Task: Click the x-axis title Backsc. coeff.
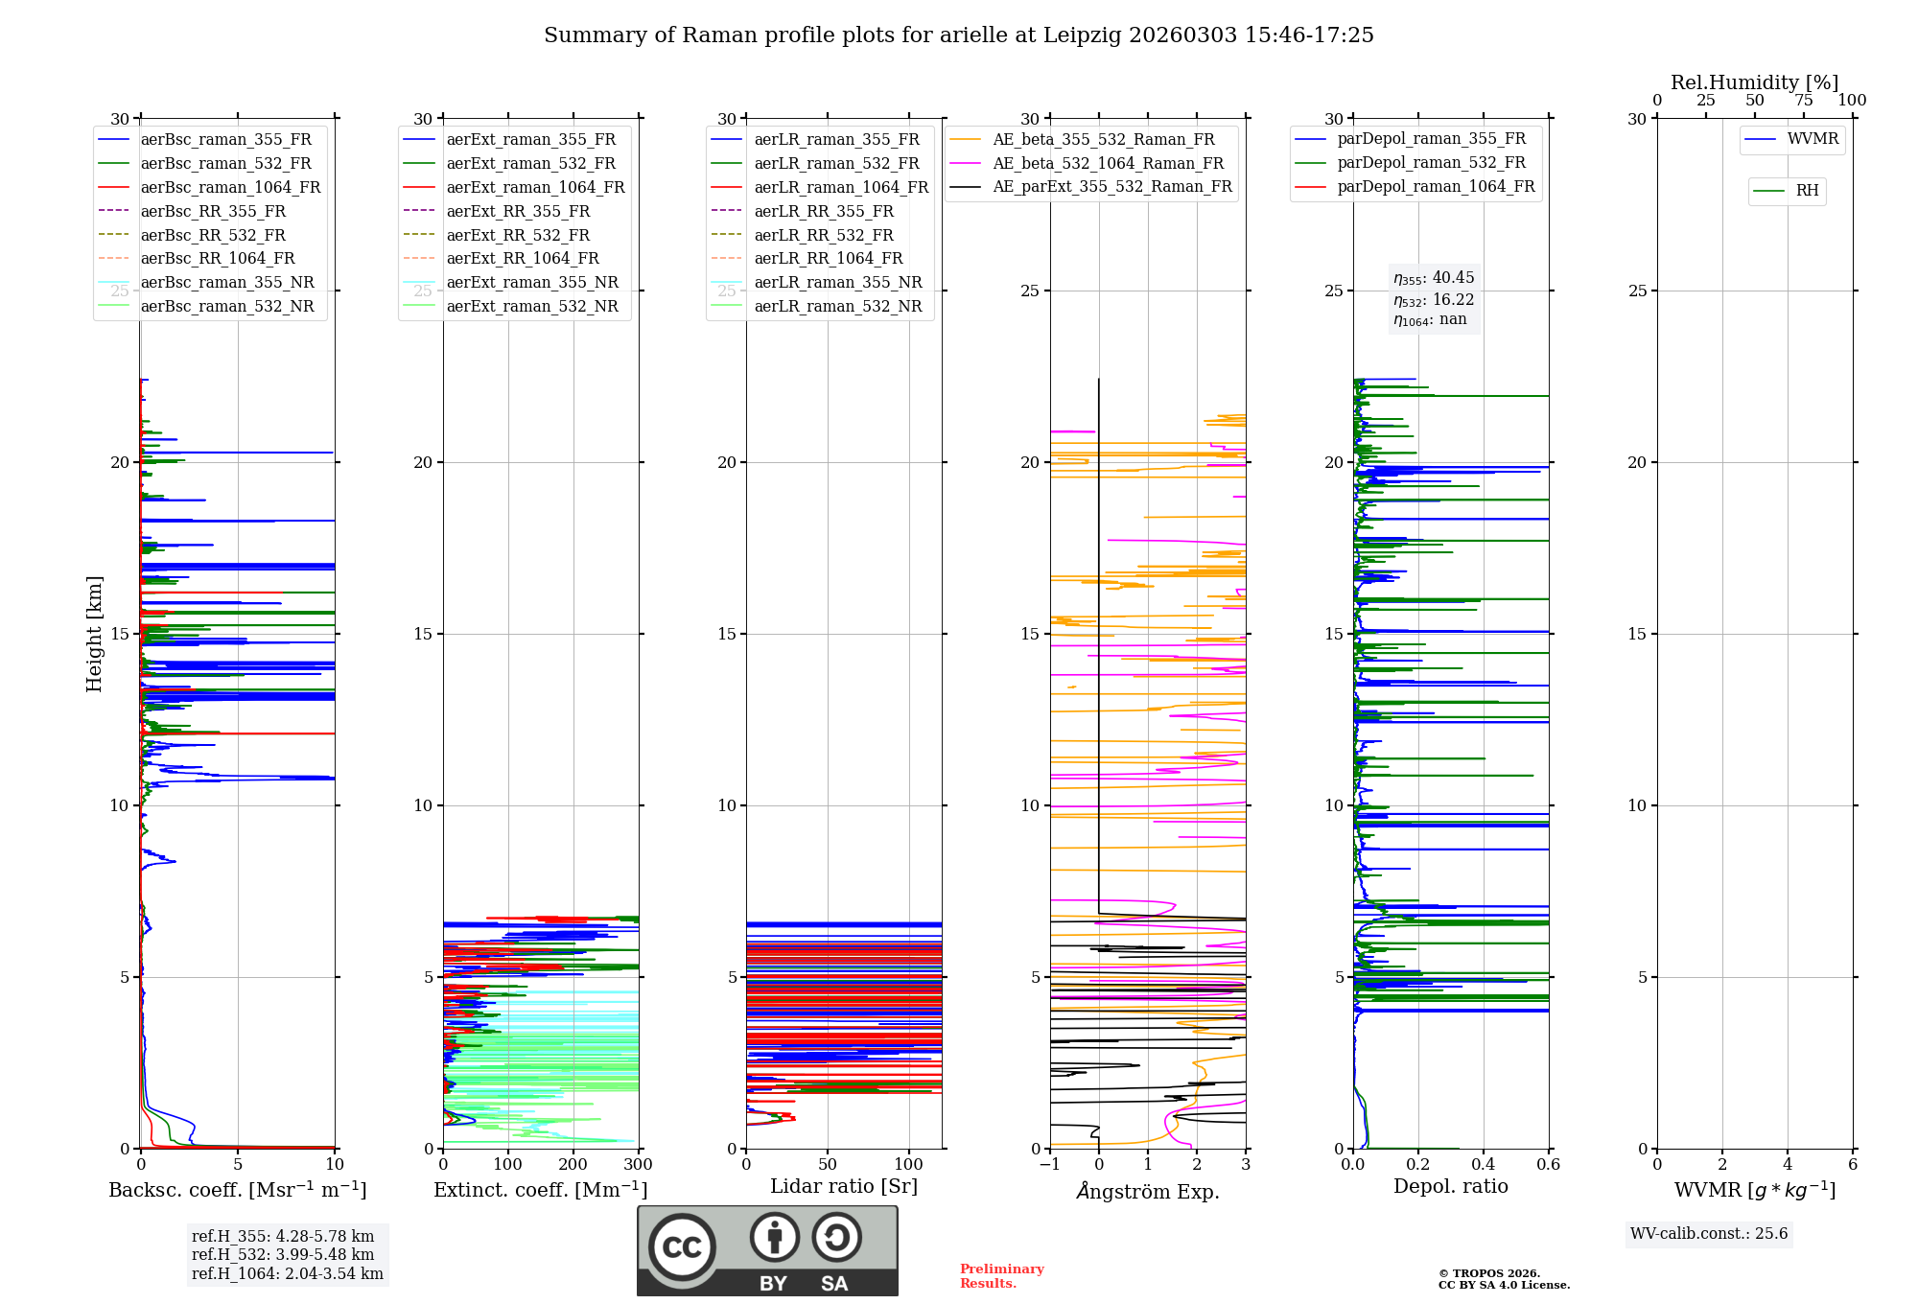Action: pyautogui.click(x=237, y=1190)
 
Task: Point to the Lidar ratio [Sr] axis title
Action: pyautogui.click(x=844, y=1186)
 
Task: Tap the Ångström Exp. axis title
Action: pyautogui.click(x=1148, y=1191)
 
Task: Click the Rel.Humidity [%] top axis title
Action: pyautogui.click(x=1755, y=82)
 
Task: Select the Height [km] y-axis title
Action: pyautogui.click(x=94, y=634)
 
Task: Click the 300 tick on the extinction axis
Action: pyautogui.click(x=639, y=1165)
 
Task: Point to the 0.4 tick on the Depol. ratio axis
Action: pyautogui.click(x=1484, y=1165)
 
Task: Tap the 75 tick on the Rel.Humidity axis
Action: pyautogui.click(x=1804, y=101)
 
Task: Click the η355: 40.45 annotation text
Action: pyautogui.click(x=1434, y=278)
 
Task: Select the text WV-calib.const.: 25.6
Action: pyautogui.click(x=1709, y=1234)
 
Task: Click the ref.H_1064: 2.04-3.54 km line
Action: pyautogui.click(x=288, y=1274)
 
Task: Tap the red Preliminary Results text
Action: pyautogui.click(x=1002, y=1276)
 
